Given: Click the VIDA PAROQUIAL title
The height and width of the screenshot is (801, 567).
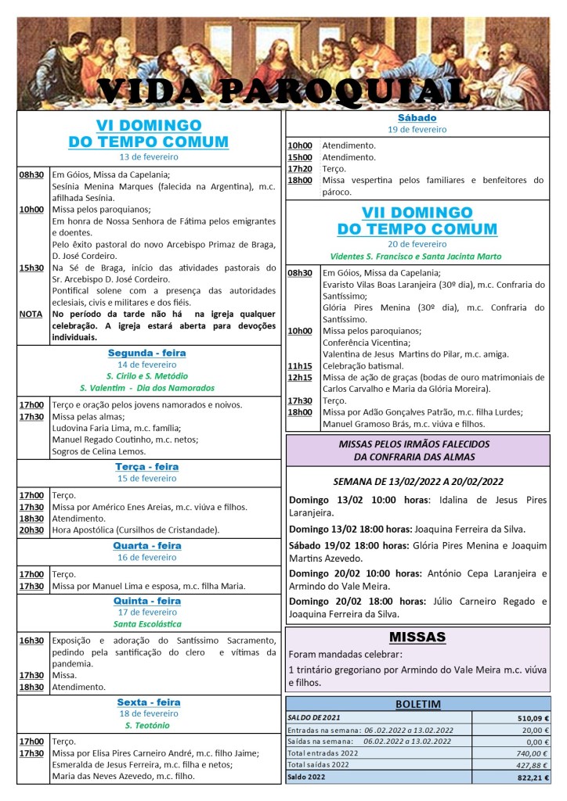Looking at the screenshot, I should (x=283, y=92).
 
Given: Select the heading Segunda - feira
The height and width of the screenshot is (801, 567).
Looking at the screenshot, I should (x=147, y=353).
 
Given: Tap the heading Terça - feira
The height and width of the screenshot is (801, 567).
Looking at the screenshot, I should (x=147, y=466).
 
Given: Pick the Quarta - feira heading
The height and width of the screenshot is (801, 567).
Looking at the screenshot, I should (x=147, y=545).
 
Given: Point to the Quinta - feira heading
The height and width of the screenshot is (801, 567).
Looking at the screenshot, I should (x=147, y=601).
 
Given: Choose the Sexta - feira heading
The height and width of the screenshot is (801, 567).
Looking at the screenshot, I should (x=147, y=702).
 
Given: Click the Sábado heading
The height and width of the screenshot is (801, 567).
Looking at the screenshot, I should (x=417, y=118).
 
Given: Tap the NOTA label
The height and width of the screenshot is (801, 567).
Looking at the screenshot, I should (x=31, y=314).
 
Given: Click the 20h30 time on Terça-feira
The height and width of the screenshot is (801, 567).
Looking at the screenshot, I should (x=31, y=530).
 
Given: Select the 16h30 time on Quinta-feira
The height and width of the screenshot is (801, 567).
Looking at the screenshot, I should (x=31, y=641).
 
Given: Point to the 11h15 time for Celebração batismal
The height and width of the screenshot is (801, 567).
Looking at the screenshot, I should (x=300, y=366).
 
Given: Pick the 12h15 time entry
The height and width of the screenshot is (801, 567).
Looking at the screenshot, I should (x=300, y=378).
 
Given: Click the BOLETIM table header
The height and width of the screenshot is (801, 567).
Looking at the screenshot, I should (x=417, y=703).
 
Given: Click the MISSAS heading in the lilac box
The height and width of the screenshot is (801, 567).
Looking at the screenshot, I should (x=417, y=637).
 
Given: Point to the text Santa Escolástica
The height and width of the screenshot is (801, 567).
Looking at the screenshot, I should (x=147, y=624).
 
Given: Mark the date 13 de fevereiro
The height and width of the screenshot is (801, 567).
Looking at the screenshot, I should (x=147, y=156).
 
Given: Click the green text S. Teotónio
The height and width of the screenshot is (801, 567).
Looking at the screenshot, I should (x=147, y=725).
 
